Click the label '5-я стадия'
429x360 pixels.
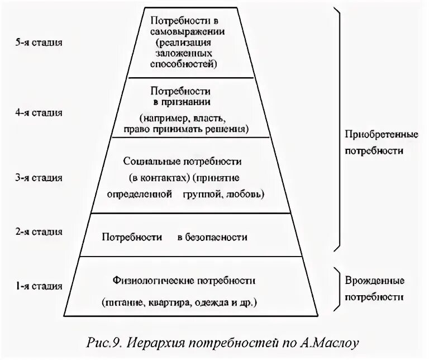point(39,42)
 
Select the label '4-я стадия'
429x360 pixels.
point(39,112)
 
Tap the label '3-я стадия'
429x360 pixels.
point(39,178)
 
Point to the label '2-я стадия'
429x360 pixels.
point(39,231)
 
